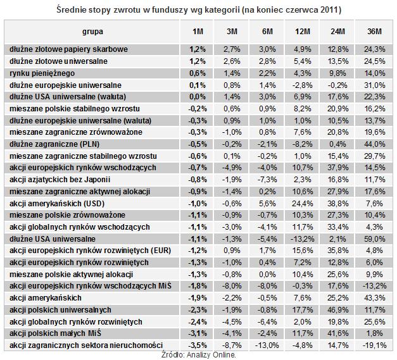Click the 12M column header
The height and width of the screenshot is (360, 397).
pyautogui.click(x=302, y=32)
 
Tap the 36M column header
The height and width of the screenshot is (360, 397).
pyautogui.click(x=374, y=32)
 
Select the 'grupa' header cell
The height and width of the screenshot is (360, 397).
pyautogui.click(x=92, y=32)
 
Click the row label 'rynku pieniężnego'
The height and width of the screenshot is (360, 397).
pyautogui.click(x=42, y=73)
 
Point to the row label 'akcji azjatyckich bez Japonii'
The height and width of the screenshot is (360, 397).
pyautogui.click(x=60, y=180)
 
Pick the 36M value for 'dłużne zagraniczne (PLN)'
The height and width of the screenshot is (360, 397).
pyautogui.click(x=374, y=144)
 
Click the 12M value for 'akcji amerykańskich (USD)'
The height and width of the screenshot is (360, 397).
pyautogui.click(x=302, y=204)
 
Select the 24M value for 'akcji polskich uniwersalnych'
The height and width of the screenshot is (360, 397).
pyautogui.click(x=338, y=310)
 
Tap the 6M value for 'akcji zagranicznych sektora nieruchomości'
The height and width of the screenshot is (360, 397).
pyautogui.click(x=267, y=345)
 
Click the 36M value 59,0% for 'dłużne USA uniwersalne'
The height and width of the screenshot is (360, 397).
pyautogui.click(x=374, y=239)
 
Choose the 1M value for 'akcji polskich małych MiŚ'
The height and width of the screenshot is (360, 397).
pyautogui.click(x=198, y=333)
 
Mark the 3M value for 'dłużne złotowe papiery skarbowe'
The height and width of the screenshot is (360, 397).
pyautogui.click(x=232, y=49)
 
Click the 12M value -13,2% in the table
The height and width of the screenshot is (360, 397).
pyautogui.click(x=302, y=239)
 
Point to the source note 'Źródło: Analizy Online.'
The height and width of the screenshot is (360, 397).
pyautogui.click(x=199, y=355)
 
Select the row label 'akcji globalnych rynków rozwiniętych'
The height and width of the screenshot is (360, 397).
pyautogui.click(x=76, y=322)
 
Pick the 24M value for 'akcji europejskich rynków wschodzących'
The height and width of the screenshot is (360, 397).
pyautogui.click(x=338, y=168)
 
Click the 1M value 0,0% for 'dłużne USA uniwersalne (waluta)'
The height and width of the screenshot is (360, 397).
pyautogui.click(x=198, y=97)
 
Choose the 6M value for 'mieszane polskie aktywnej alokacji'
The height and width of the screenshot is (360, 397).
pyautogui.click(x=267, y=275)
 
